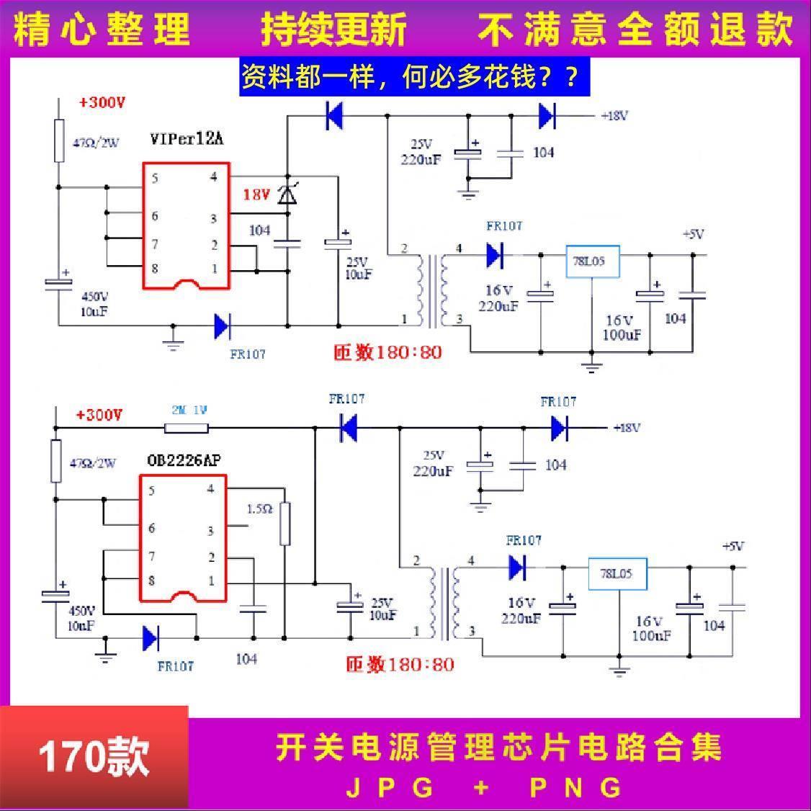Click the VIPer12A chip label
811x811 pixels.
187,139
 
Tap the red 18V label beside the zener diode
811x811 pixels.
256,194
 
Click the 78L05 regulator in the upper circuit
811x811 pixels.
589,262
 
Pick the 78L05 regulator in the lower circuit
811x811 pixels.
616,574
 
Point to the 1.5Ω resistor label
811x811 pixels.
259,508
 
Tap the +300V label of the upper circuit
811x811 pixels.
102,103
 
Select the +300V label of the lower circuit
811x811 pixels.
99,415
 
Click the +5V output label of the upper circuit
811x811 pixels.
693,235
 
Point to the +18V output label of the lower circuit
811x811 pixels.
627,428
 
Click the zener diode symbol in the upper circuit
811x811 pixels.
287,194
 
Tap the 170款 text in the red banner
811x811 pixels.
94,757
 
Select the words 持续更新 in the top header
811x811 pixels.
333,30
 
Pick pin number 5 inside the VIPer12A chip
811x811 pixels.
154,179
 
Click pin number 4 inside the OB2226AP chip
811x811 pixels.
211,489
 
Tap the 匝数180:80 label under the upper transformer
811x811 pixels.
387,353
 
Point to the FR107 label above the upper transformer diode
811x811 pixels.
504,226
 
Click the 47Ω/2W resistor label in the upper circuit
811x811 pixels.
95,143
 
